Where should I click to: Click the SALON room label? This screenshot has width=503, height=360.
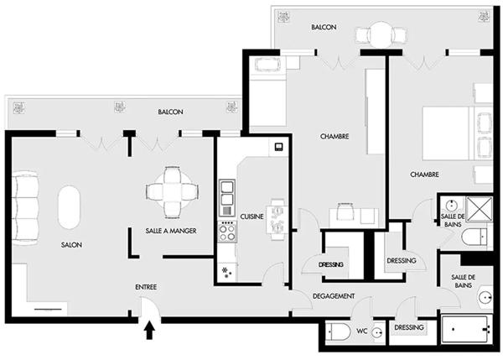(x=70, y=246)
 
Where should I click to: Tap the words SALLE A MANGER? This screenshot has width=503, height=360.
(x=171, y=230)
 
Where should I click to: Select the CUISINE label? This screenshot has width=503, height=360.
(x=252, y=216)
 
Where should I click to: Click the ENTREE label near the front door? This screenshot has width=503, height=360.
(x=147, y=287)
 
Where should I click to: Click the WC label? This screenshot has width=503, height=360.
(x=362, y=331)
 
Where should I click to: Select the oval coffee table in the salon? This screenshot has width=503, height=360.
(x=69, y=205)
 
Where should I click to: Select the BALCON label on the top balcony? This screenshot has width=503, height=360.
(x=324, y=28)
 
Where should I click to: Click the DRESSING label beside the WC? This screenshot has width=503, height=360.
(x=408, y=327)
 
